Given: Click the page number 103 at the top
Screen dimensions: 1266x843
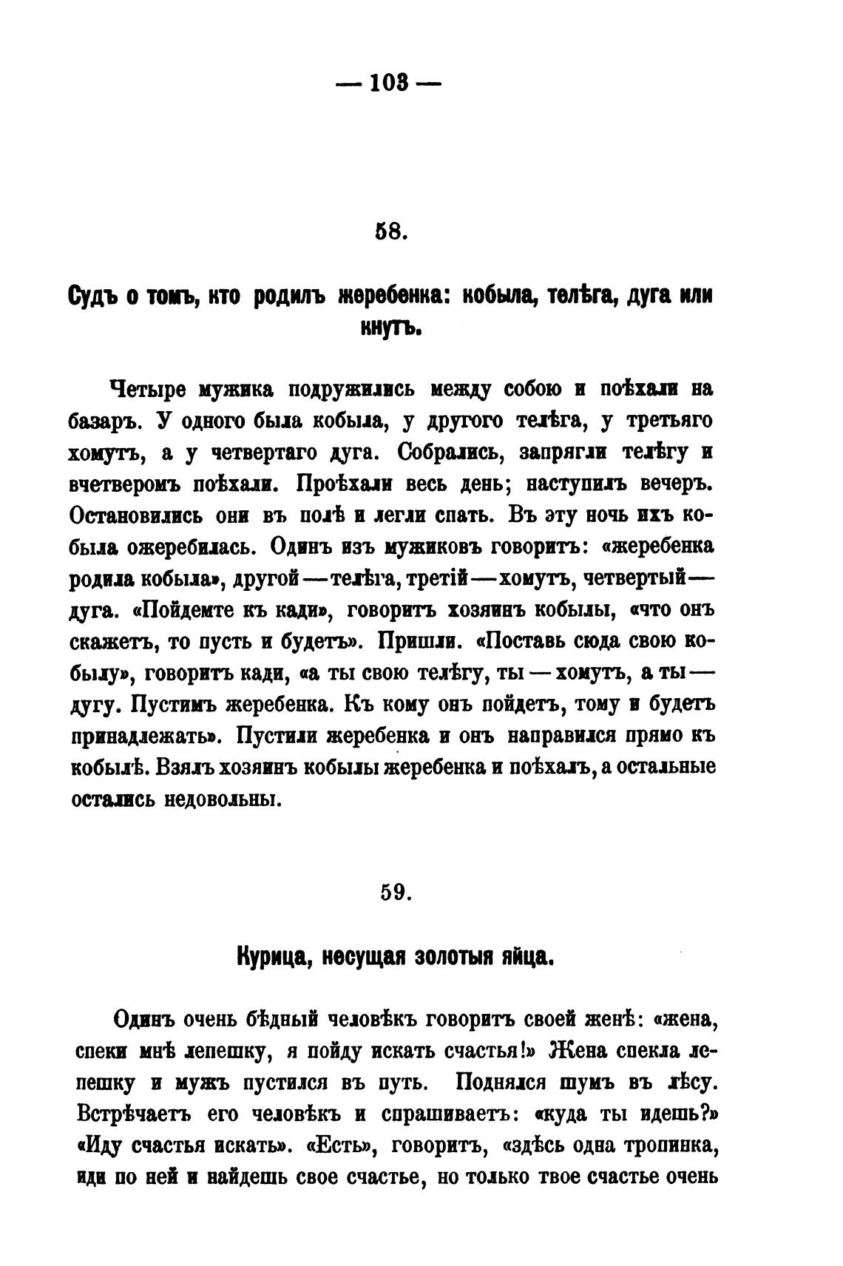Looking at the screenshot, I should [x=388, y=84].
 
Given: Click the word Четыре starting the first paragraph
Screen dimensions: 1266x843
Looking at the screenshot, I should [x=149, y=390].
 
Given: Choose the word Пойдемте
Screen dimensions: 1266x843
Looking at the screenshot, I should [x=189, y=611].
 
